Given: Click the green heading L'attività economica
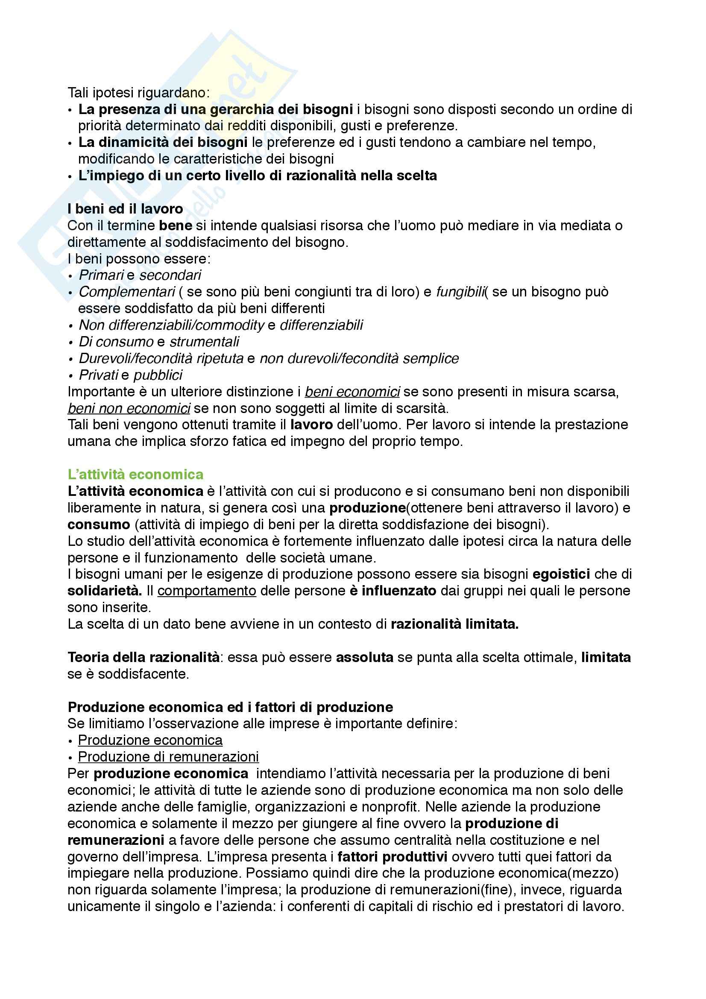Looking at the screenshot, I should click(x=135, y=474).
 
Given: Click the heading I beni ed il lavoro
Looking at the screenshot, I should click(x=125, y=209).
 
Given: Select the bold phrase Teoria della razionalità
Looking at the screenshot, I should click(x=144, y=657).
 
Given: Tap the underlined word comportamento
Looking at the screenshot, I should click(x=207, y=591).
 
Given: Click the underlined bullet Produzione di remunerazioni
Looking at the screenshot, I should click(x=168, y=757).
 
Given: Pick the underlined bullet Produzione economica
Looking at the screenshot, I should click(x=150, y=740).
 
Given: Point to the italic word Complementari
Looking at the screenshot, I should click(x=127, y=292).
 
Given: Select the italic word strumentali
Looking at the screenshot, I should click(x=204, y=342).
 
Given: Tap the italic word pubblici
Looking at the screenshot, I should click(x=158, y=375).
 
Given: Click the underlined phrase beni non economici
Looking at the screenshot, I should click(x=129, y=409).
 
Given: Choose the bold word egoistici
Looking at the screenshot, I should click(x=561, y=574).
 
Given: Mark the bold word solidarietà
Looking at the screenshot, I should click(x=104, y=591).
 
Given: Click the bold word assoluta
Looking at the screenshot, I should click(x=364, y=657).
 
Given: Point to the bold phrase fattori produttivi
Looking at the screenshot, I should click(x=393, y=857).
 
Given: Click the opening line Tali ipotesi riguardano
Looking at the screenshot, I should click(x=138, y=93).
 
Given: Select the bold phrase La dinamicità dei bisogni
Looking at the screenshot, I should click(x=163, y=142).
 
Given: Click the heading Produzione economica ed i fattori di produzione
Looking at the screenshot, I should click(x=230, y=707).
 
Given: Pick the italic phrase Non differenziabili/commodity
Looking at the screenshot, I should click(x=171, y=325).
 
